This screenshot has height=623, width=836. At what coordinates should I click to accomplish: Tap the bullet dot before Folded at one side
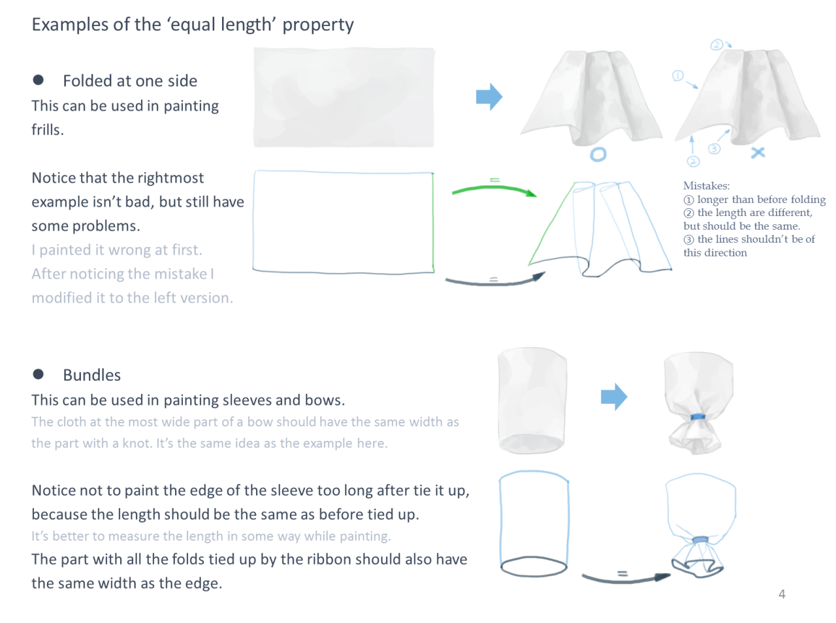[38, 80]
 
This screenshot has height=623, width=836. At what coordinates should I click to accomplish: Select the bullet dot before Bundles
[38, 374]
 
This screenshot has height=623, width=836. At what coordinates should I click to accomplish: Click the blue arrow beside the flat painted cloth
[489, 97]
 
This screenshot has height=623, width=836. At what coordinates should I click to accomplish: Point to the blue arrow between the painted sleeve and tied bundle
[613, 397]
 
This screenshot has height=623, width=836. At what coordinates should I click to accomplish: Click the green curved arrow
[494, 189]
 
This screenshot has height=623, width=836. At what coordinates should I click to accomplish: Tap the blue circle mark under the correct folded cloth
[598, 155]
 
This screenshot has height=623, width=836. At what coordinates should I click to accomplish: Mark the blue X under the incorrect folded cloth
[758, 153]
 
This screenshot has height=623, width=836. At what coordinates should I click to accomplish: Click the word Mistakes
[706, 186]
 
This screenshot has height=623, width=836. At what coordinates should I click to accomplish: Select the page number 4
[782, 594]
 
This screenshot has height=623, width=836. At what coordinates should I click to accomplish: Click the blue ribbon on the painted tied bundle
[698, 417]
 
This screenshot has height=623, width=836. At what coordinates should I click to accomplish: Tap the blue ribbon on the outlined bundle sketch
[700, 539]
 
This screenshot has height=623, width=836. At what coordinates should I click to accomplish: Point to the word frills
[48, 130]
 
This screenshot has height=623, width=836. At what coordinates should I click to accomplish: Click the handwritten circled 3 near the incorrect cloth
[714, 148]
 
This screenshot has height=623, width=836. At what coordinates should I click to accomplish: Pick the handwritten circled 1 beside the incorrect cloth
[677, 76]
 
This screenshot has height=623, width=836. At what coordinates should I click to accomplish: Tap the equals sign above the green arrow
[494, 179]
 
